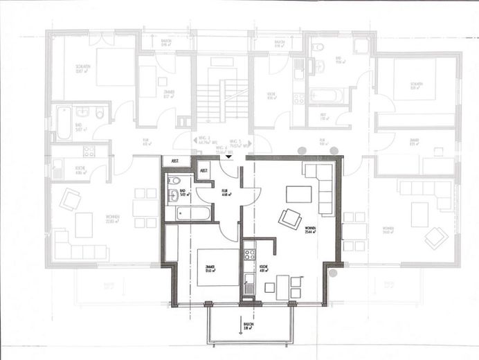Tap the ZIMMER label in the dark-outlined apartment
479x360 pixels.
209,269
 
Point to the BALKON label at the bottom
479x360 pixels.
247,326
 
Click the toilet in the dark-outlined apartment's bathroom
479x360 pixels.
172,197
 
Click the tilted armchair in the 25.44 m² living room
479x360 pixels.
290,219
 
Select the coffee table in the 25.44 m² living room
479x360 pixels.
298,194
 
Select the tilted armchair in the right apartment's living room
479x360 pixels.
436,237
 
